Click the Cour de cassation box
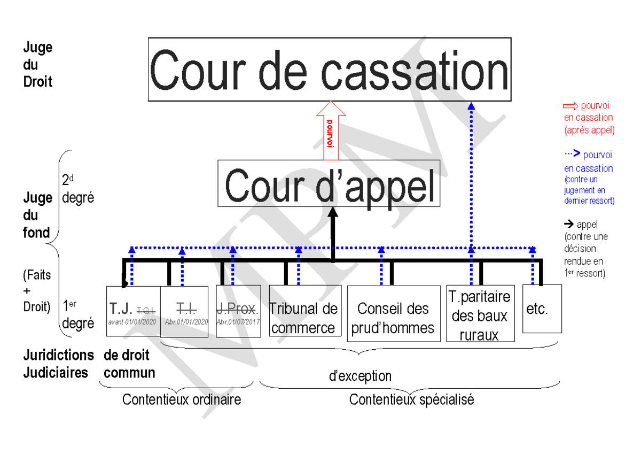point(329,69)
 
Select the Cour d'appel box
point(329,183)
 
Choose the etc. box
point(542,309)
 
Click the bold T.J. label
point(121,309)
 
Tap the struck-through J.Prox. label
point(238,309)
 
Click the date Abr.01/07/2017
point(238,322)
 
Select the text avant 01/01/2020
point(132,322)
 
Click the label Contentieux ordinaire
point(182,399)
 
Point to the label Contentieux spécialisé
point(411,399)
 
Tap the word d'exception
point(360,376)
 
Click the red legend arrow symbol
point(571,105)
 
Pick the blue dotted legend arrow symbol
point(572,154)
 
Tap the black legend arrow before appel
point(569,224)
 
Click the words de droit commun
point(129,364)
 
